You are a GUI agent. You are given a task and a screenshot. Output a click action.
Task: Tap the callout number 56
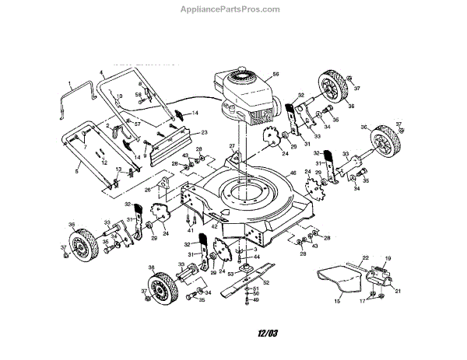pos(276,74)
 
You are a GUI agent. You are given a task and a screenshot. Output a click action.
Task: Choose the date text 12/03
pos(267,334)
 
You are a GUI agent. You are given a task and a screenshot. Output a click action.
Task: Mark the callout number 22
pos(363,258)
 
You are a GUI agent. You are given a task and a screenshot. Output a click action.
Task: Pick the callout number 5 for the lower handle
pos(75,170)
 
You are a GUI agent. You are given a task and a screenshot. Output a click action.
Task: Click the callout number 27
pos(231,146)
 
